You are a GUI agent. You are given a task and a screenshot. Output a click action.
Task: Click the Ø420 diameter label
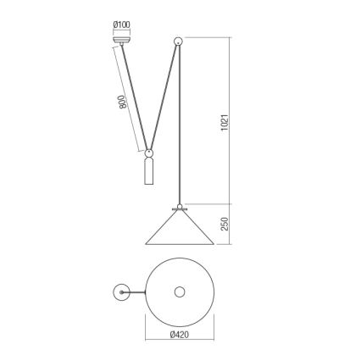(178, 334)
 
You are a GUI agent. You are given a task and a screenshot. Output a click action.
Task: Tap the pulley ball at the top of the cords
(178, 41)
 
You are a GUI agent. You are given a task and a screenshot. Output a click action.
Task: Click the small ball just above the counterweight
(149, 154)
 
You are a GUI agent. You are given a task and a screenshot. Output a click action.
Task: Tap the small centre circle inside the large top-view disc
(178, 292)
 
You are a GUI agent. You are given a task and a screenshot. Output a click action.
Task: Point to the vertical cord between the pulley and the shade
(178, 127)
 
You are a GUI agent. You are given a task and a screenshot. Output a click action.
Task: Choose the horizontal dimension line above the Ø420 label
(178, 325)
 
